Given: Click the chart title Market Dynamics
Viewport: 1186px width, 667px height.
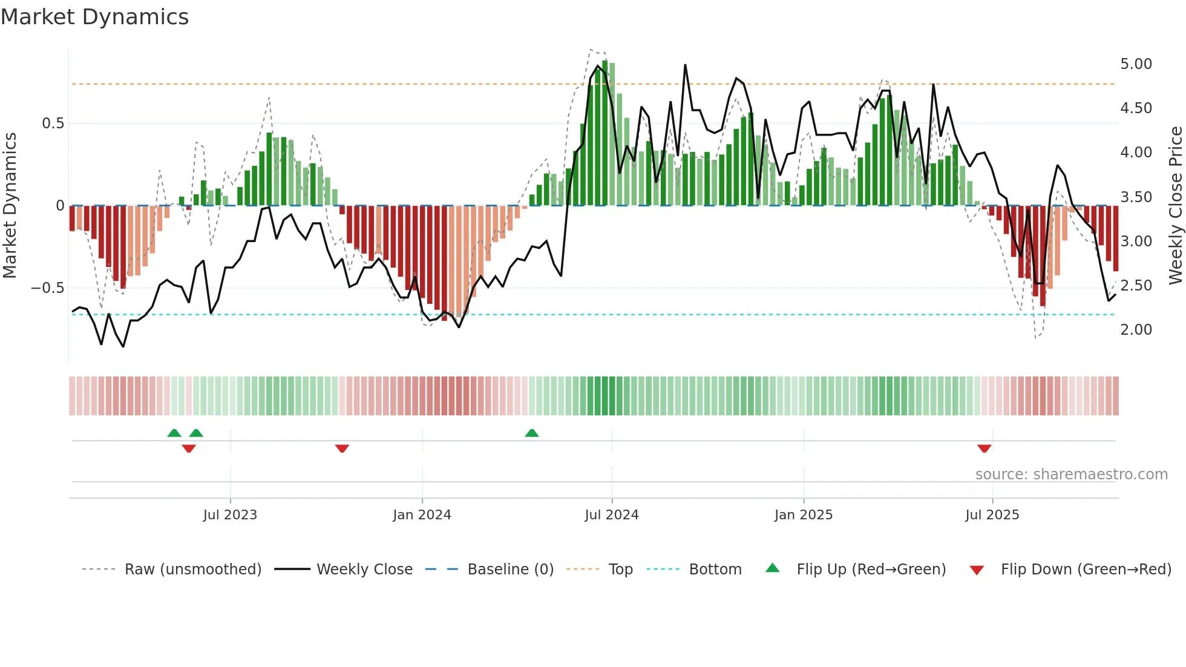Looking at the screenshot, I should pos(94,17).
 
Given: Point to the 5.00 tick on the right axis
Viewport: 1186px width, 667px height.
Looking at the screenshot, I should pos(1136,64).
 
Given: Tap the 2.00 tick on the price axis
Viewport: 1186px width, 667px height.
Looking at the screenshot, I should pos(1136,330).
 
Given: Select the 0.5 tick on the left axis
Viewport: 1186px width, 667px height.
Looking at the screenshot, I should pos(53,123).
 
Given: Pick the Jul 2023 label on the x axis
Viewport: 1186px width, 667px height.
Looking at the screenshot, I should pos(230,515).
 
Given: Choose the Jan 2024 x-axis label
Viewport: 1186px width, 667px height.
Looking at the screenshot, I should pos(422,515).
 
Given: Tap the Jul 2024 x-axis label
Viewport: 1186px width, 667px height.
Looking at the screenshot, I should pos(611,515).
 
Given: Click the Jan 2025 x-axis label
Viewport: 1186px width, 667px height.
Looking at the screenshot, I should pos(803,515).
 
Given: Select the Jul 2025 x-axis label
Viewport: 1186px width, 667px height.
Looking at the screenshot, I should pos(992,515).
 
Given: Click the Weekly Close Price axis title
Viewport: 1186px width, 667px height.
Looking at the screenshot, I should pos(1175,205).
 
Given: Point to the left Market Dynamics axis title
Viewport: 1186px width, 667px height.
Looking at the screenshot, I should pos(10,205).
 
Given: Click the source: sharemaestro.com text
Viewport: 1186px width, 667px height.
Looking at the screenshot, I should pos(1071,475).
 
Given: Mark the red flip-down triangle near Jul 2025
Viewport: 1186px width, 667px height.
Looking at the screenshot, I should pos(984,448).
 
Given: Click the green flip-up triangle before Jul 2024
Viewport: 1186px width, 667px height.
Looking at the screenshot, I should pos(531,433).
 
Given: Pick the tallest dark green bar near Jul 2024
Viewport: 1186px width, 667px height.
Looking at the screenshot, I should pos(604,133).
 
